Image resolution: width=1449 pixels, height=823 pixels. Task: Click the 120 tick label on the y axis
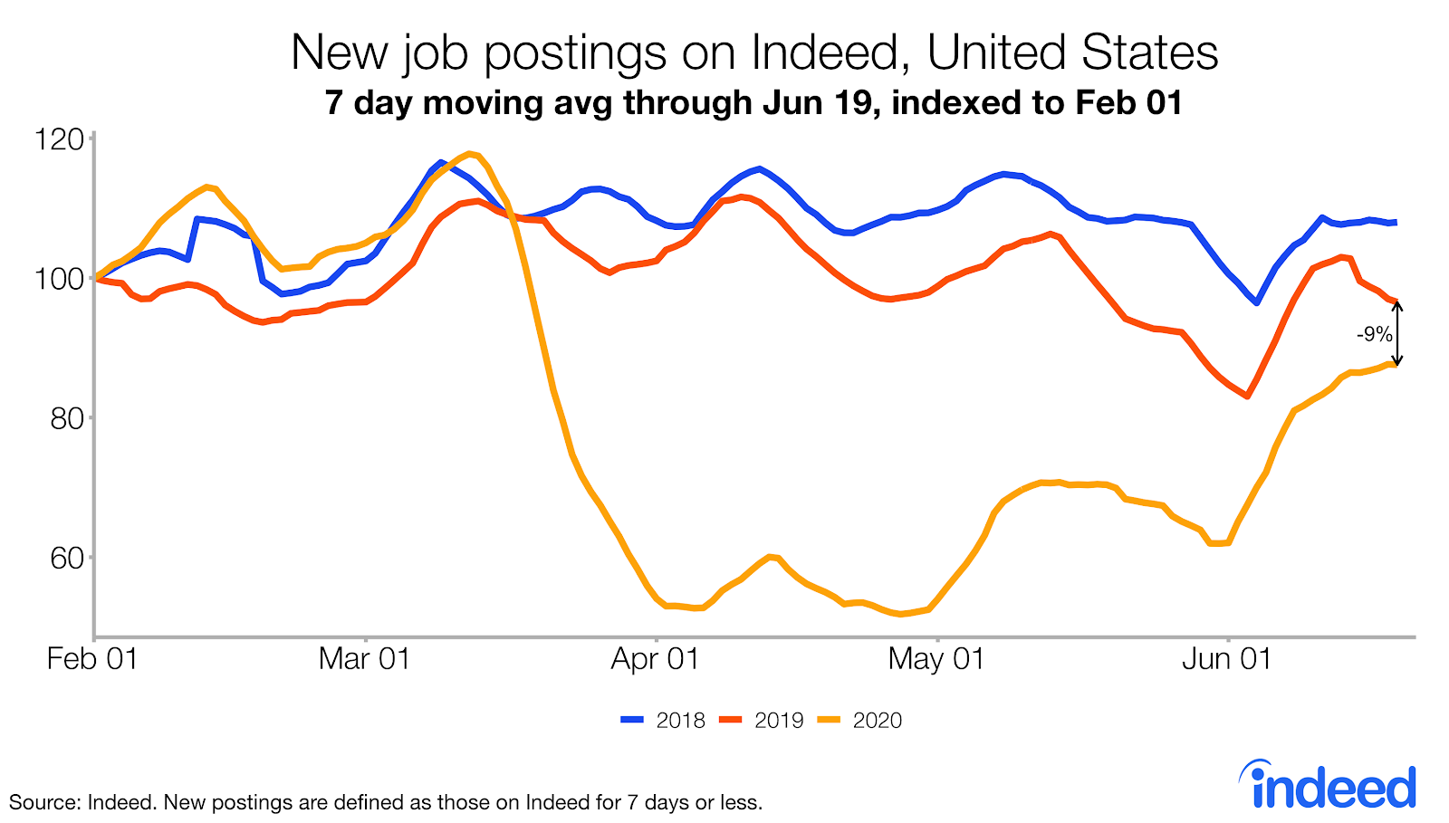59,139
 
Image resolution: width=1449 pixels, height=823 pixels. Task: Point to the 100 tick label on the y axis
59,279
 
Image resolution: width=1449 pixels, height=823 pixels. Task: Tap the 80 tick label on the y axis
63,418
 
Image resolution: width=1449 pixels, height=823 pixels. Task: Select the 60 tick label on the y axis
63,558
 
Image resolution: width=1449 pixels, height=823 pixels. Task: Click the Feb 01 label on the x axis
92,658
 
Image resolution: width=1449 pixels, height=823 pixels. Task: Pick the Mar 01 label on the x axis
365,658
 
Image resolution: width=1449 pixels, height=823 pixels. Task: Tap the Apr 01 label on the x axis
655,658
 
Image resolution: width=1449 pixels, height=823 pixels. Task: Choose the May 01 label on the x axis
936,658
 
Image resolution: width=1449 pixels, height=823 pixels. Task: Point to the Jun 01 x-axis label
1226,658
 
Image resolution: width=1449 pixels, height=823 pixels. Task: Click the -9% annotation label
1374,334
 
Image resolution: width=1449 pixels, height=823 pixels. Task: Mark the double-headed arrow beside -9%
1397,333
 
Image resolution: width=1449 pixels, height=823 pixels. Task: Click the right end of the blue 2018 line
1395,222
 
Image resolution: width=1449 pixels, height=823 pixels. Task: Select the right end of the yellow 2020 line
1395,364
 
